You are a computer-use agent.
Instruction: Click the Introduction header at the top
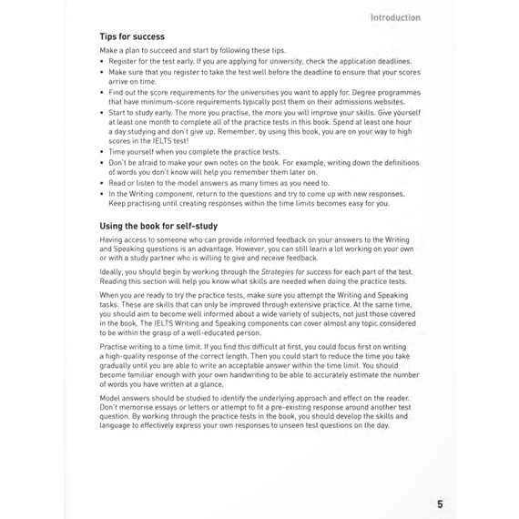[394, 16]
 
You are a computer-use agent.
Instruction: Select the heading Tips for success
[132, 36]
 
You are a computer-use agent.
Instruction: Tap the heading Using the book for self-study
[158, 225]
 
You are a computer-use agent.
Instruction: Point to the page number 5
[440, 504]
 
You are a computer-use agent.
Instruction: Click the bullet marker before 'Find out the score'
[102, 92]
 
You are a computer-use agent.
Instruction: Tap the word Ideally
[113, 271]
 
